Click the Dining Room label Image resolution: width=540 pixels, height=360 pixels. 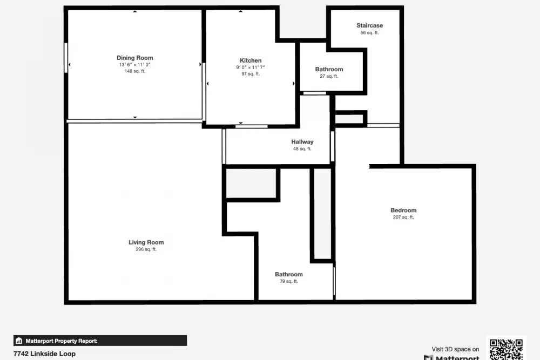[x=134, y=58]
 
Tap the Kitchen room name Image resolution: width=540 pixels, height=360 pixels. [x=251, y=60]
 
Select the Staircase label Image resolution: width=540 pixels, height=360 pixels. [x=369, y=25]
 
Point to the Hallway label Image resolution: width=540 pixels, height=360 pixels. [x=302, y=142]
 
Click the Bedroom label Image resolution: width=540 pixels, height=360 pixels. [x=403, y=210]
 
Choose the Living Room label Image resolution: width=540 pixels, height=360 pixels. [x=146, y=242]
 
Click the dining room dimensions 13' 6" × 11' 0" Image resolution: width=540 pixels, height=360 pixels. [x=134, y=65]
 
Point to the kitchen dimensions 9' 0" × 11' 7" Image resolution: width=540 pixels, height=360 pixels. [x=251, y=67]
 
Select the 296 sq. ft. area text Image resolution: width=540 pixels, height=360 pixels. [x=146, y=249]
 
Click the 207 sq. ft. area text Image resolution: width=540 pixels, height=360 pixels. [x=403, y=217]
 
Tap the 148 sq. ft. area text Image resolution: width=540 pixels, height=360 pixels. [x=134, y=71]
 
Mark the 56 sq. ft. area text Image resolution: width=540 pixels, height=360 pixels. [x=369, y=33]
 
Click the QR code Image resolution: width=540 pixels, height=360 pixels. [x=507, y=349]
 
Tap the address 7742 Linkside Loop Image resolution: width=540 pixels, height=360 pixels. [x=44, y=354]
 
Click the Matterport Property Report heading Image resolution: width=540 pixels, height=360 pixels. [x=62, y=341]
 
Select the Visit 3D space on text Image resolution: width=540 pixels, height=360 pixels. [x=455, y=349]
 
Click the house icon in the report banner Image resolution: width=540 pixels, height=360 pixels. [x=19, y=341]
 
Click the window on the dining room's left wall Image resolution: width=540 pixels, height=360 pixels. [x=66, y=58]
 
